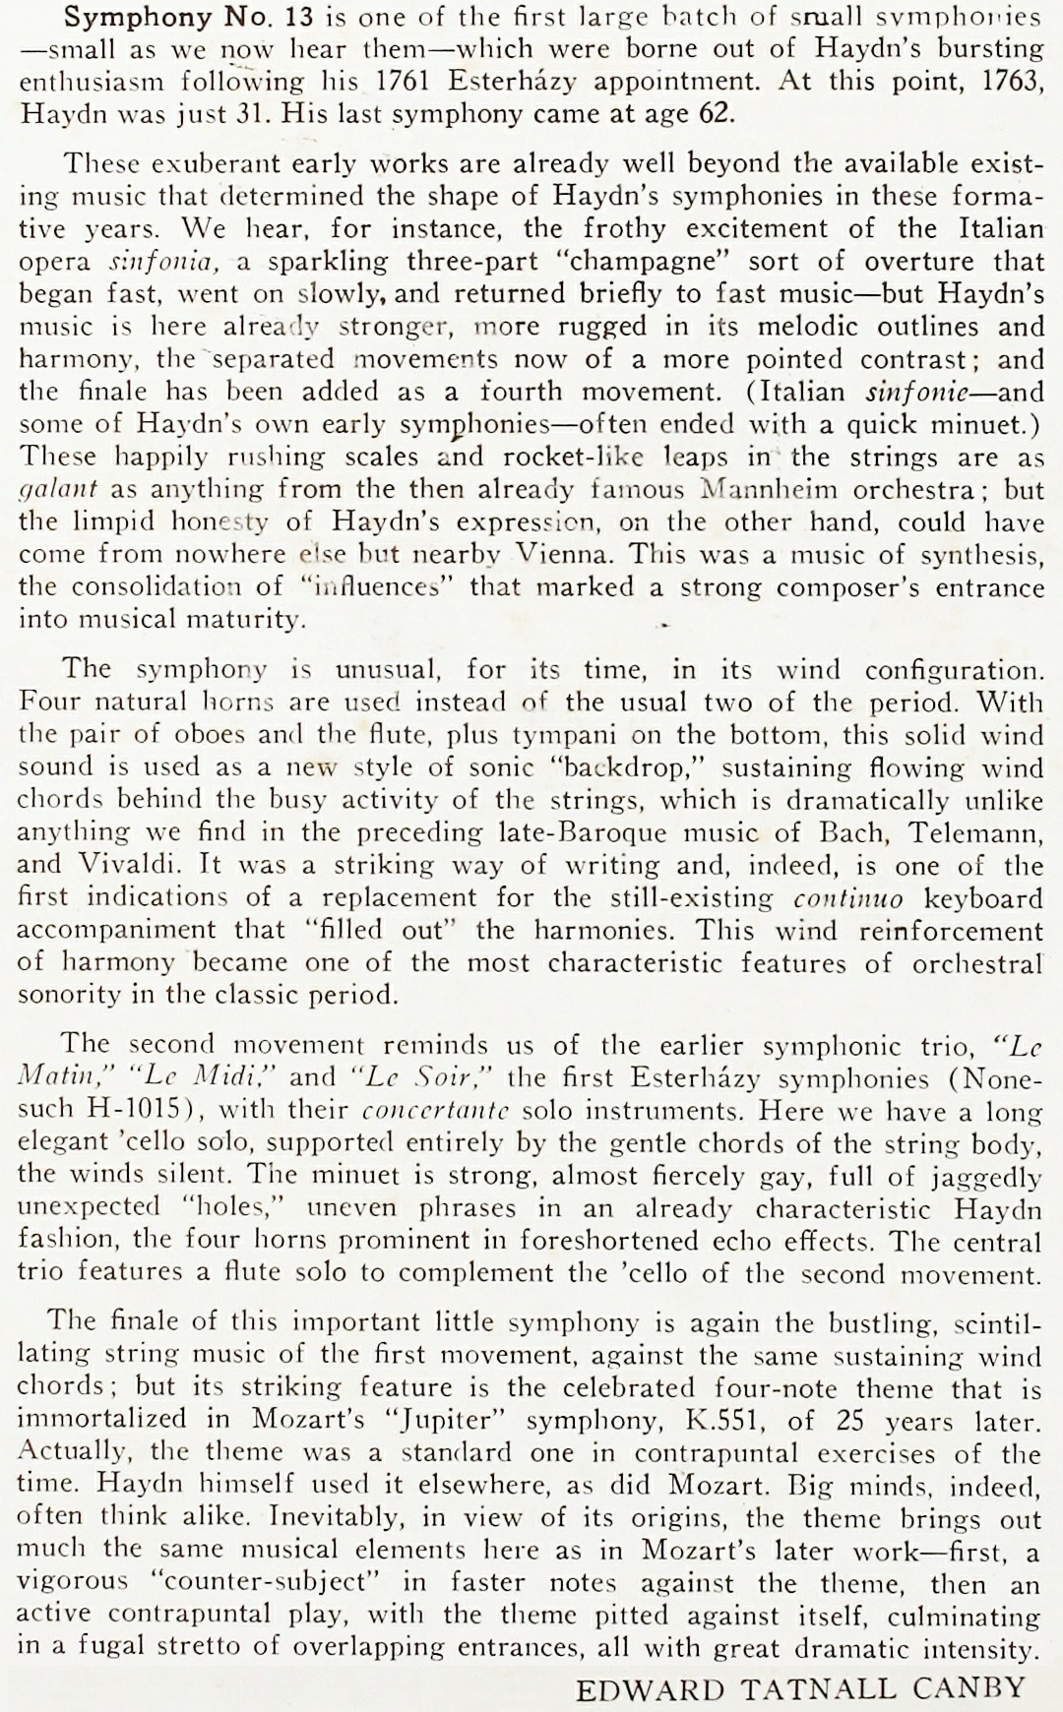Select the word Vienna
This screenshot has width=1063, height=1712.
click(564, 554)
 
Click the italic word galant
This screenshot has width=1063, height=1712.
click(58, 489)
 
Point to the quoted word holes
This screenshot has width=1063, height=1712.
click(223, 1207)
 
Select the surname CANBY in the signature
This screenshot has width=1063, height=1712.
click(969, 1688)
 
